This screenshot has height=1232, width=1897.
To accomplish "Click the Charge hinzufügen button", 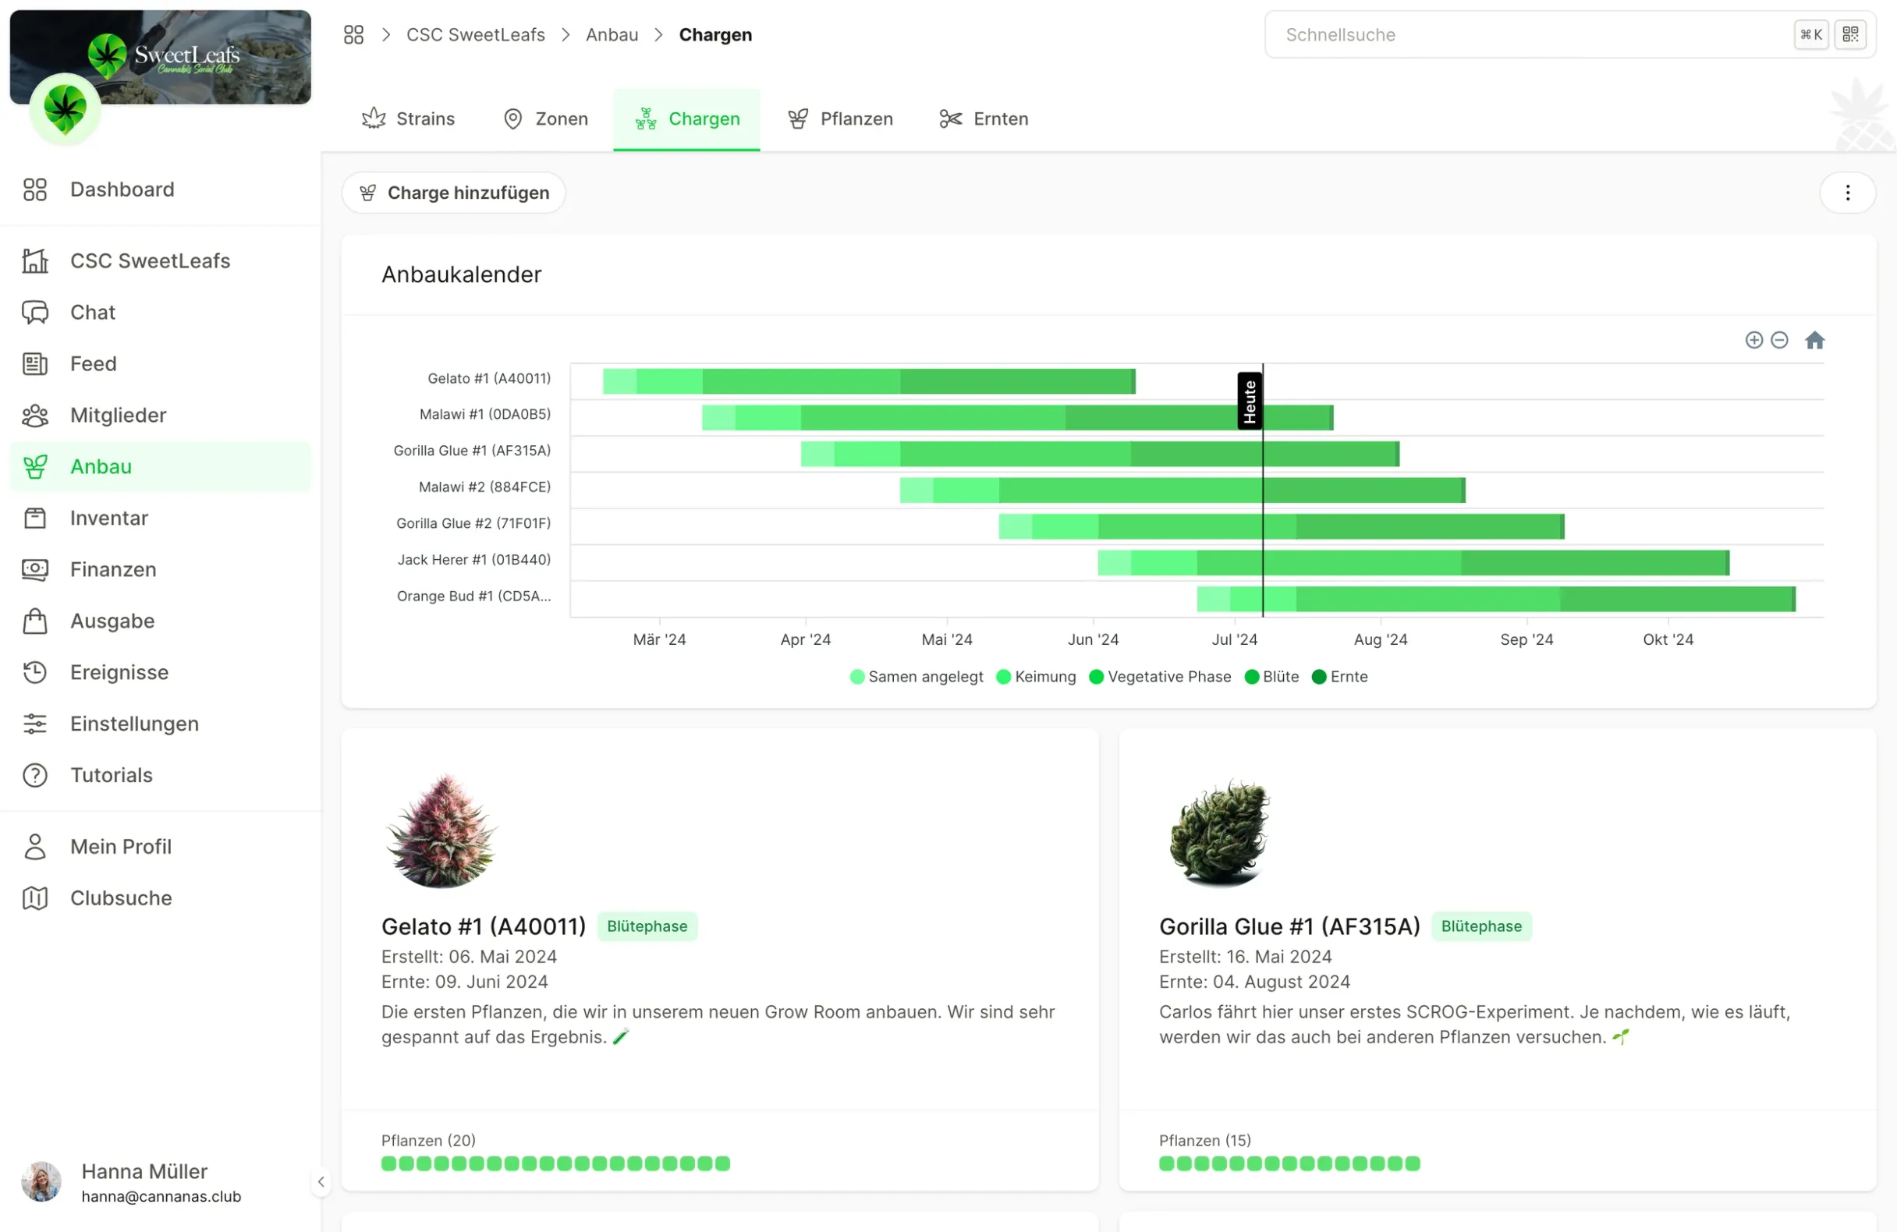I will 453,193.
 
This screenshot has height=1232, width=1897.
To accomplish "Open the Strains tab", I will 408,119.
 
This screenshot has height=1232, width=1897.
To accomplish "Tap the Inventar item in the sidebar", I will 108,518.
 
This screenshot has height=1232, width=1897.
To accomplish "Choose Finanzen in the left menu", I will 112,570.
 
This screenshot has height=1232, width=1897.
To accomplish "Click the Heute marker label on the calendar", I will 1249,401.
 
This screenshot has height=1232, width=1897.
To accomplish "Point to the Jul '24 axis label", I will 1234,639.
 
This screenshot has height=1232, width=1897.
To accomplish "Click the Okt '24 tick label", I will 1668,639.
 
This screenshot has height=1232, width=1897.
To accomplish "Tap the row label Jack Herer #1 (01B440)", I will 473,559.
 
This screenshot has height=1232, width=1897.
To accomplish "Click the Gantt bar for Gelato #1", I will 869,381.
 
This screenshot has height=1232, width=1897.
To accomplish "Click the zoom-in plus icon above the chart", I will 1753,340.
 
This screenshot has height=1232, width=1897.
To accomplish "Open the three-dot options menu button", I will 1847,193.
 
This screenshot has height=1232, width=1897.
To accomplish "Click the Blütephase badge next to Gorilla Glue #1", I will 1481,926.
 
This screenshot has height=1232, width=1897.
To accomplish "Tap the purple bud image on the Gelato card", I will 441,830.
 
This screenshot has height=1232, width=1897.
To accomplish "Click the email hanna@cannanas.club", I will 161,1196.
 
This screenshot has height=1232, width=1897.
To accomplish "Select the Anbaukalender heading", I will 461,275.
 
